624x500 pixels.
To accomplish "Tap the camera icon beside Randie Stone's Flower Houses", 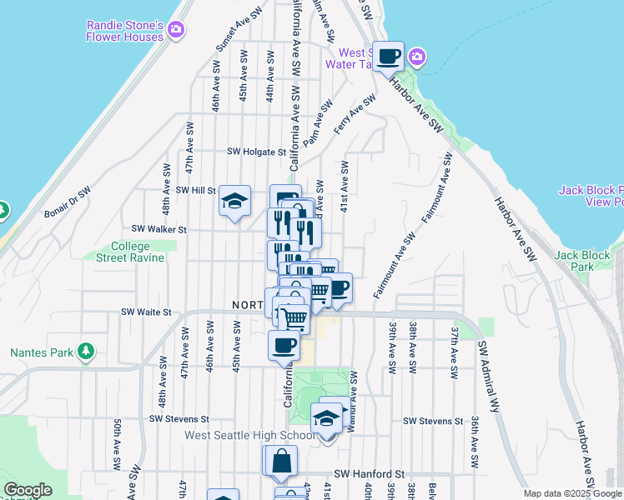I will pos(176,30).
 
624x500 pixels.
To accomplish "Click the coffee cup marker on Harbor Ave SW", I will pos(388,57).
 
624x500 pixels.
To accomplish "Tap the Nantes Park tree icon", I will pos(84,352).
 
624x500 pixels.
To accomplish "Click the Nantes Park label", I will pos(41,352).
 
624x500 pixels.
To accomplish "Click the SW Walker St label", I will pos(159,229).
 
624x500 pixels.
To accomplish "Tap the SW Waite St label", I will pos(146,312).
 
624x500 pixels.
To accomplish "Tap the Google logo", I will pos(28,490).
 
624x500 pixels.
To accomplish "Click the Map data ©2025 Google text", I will pos(571,493).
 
